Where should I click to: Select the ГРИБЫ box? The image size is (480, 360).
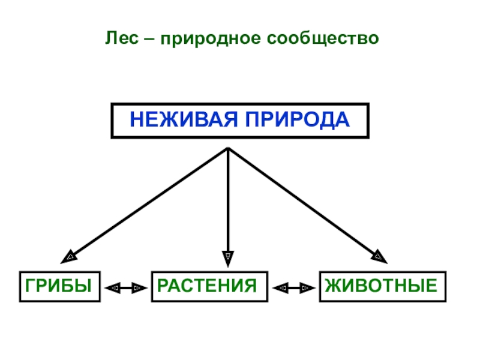click(x=59, y=286)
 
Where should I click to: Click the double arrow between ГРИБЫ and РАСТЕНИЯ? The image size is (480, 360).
click(x=126, y=288)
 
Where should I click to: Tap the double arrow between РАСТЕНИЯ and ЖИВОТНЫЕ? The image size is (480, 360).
click(x=294, y=288)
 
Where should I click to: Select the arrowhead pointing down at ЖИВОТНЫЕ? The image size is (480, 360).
click(x=379, y=256)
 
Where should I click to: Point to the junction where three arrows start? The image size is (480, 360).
click(x=228, y=148)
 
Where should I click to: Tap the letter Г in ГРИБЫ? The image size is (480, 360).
click(x=29, y=286)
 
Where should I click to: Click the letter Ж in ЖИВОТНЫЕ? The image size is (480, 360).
click(x=332, y=286)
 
